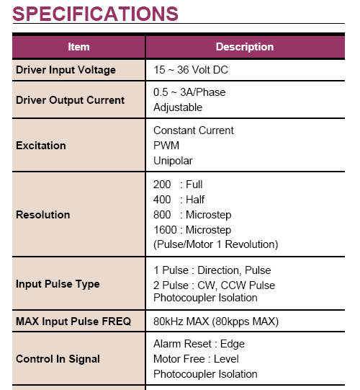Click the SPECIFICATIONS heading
click(x=96, y=14)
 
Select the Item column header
click(x=78, y=47)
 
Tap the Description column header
click(x=245, y=47)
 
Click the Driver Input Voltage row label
click(x=66, y=70)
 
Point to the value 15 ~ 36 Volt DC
click(x=191, y=70)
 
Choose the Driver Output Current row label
click(x=70, y=100)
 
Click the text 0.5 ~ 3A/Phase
click(x=189, y=92)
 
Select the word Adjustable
click(x=178, y=107)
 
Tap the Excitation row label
click(x=41, y=146)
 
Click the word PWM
click(x=166, y=146)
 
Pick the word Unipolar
click(x=173, y=161)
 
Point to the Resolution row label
click(x=42, y=215)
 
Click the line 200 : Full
click(x=178, y=185)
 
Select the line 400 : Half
click(x=179, y=200)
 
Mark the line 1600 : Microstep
click(x=192, y=230)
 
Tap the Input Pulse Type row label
click(x=58, y=284)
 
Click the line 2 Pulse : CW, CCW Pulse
click(x=214, y=285)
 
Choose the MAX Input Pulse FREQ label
click(x=73, y=321)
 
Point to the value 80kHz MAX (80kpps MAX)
click(x=216, y=322)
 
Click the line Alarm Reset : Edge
click(x=199, y=344)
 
